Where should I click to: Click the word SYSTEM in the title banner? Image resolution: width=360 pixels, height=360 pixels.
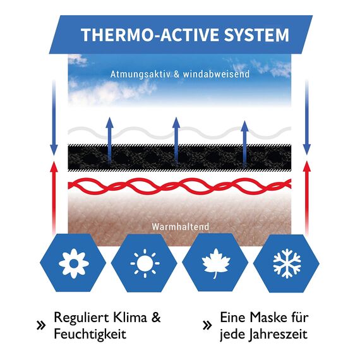click(x=256, y=35)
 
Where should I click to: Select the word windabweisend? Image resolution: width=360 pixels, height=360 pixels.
click(x=216, y=74)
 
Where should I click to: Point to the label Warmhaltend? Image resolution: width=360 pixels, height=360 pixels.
click(x=181, y=227)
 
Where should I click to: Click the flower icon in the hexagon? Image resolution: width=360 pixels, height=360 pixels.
click(x=74, y=263)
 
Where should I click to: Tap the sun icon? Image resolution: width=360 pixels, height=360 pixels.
click(x=145, y=263)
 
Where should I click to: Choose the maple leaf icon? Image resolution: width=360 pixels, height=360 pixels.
click(x=216, y=263)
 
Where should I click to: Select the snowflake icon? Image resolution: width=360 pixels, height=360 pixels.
click(x=287, y=263)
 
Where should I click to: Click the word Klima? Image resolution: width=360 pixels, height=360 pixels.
click(x=129, y=318)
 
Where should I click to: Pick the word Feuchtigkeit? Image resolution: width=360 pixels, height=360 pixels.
click(x=90, y=334)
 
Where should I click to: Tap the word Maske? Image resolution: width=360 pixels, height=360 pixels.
click(x=268, y=318)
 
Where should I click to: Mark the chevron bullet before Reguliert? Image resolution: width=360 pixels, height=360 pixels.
click(x=41, y=325)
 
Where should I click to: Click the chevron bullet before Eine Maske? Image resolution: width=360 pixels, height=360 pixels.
click(x=207, y=325)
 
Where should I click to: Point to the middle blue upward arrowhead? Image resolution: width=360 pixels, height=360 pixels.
click(x=176, y=123)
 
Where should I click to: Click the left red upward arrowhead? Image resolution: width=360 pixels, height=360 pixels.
click(x=54, y=167)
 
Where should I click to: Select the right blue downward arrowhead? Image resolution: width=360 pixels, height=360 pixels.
click(x=307, y=150)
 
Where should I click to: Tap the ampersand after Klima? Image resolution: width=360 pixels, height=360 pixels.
click(x=156, y=318)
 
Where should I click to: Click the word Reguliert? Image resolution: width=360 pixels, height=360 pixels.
click(x=81, y=318)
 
